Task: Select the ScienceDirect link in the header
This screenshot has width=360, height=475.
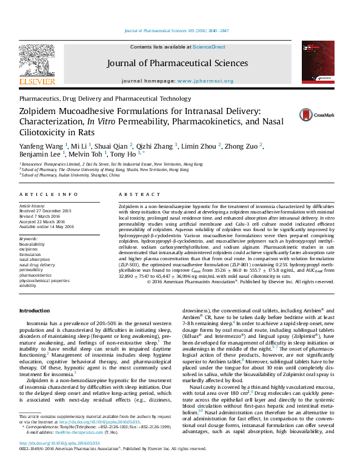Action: tap(210, 47)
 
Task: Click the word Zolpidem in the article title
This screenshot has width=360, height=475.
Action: tap(40, 110)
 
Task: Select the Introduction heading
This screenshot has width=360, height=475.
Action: tap(39, 311)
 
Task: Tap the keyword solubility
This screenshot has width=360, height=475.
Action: tap(28, 285)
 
